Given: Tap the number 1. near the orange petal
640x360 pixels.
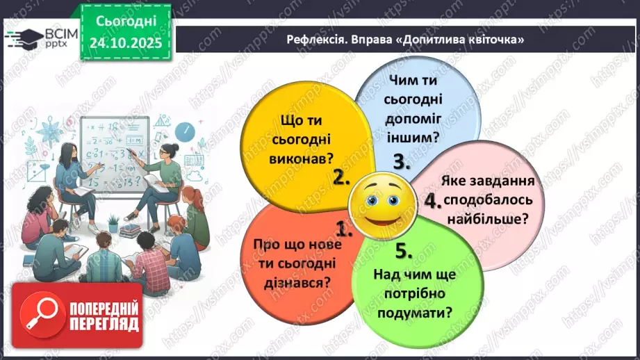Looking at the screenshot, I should (x=343, y=229).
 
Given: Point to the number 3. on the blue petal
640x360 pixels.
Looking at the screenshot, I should (x=402, y=162).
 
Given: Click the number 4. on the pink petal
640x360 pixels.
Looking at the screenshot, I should (x=433, y=202).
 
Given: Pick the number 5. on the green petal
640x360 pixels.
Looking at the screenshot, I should (x=404, y=250).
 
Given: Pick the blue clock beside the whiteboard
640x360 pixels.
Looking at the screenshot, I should (x=183, y=131).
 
